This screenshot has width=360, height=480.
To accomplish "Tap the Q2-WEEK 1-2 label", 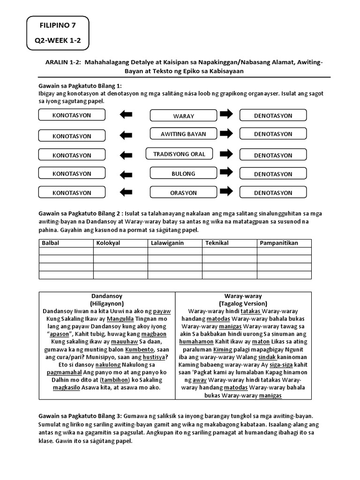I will (58, 41).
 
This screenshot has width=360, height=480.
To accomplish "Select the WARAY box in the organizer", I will (183, 116).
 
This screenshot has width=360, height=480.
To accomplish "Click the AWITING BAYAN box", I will (183, 134).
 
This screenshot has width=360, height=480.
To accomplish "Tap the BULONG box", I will (183, 174).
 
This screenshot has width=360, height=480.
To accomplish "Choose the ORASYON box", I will (183, 192).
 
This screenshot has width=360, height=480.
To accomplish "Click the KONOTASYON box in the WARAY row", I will (72, 115).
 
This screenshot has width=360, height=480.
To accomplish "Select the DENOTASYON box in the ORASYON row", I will (273, 192).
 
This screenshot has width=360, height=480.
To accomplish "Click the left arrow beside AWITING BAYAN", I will (126, 135).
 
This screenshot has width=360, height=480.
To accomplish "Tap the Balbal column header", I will (51, 243).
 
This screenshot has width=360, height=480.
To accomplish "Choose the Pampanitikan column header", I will (279, 243).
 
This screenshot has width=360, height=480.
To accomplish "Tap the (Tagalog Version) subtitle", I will (243, 304).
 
